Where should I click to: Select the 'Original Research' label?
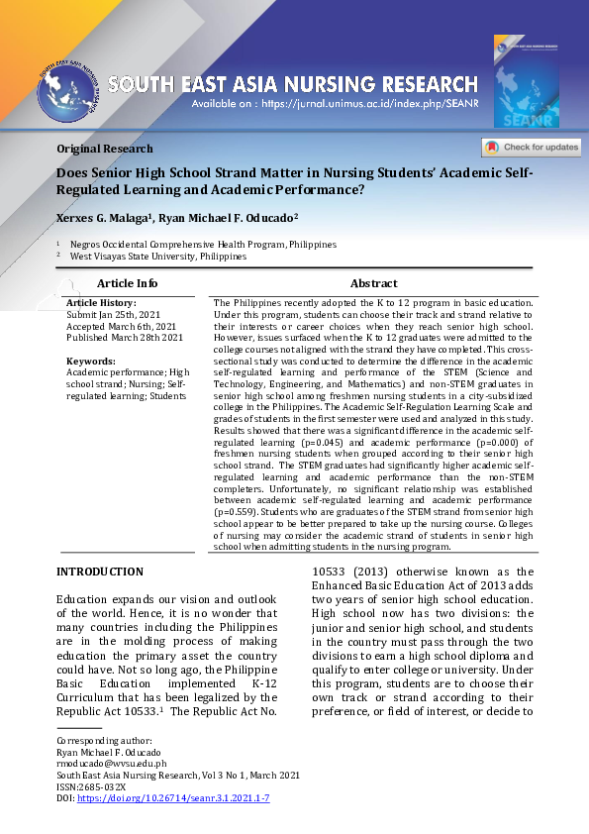coord(105,149)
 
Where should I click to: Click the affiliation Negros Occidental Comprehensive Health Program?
coord(203,244)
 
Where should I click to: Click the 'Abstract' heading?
coord(373,283)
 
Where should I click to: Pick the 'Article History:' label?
coord(101,302)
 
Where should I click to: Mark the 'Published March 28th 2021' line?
coord(125,338)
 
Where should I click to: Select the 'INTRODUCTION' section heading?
coord(100,572)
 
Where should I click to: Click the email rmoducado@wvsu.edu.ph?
coord(111,764)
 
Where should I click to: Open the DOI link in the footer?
coord(173,797)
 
